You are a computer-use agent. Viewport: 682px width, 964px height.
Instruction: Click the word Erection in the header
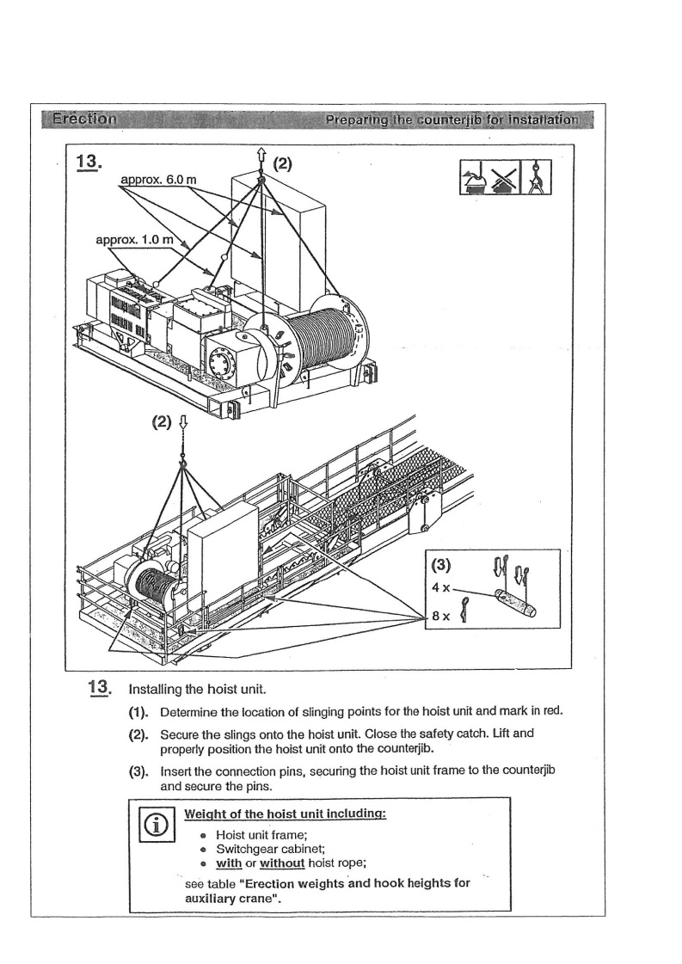[83, 119]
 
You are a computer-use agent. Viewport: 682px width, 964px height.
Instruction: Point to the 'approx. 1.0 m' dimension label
[136, 238]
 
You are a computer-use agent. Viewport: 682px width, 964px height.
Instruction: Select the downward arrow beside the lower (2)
[181, 423]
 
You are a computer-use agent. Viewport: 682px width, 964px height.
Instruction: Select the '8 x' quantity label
[439, 617]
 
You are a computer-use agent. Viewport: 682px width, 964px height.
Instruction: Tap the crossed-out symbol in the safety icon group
[507, 178]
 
